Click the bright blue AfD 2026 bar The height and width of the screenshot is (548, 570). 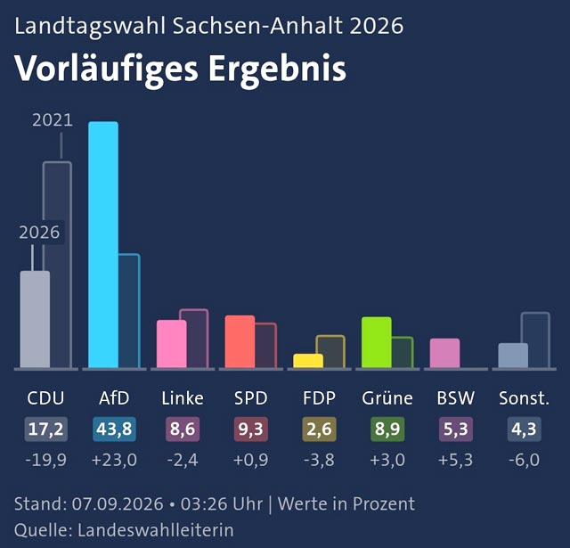tap(103, 244)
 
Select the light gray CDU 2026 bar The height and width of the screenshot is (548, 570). tap(35, 319)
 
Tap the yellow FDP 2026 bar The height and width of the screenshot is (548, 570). tap(308, 360)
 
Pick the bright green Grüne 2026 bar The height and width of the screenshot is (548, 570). tap(377, 342)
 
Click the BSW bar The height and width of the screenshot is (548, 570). tap(445, 353)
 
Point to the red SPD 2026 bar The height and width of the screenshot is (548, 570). tap(240, 341)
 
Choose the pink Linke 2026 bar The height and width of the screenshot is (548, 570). tap(172, 344)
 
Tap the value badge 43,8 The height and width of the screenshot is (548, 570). tap(114, 429)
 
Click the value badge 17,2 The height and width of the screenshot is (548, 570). tap(45, 429)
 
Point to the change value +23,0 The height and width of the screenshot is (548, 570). tap(114, 460)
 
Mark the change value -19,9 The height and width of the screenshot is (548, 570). tap(45, 460)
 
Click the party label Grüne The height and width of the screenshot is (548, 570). tap(387, 398)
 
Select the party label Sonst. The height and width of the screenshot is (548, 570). tap(524, 398)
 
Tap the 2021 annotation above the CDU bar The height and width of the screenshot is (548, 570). tap(53, 120)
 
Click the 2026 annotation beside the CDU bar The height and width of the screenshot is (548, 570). tap(39, 232)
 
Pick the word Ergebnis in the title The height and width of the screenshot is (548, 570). tap(277, 70)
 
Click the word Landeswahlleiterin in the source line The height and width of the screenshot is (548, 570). tap(156, 530)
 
